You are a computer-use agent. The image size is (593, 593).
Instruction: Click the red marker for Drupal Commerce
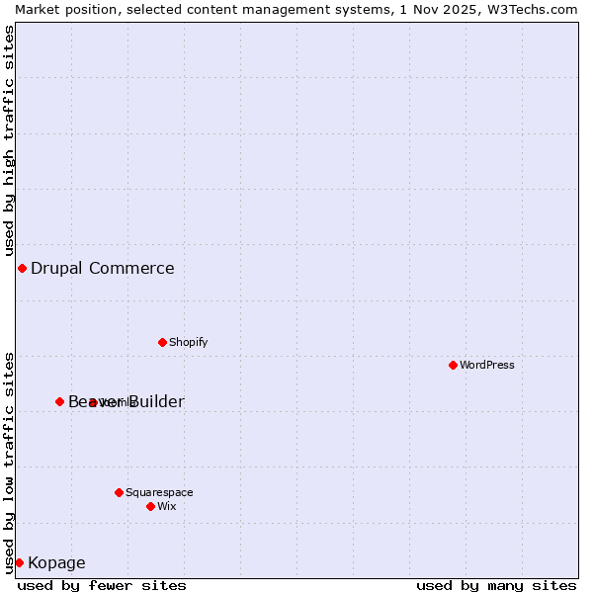pos(22,269)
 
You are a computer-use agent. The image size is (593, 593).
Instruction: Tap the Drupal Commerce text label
pos(102,269)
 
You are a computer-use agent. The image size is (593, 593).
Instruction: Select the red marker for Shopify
pos(162,343)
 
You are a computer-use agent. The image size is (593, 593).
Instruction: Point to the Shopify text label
pos(188,343)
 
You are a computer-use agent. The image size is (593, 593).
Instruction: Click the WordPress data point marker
pos(453,366)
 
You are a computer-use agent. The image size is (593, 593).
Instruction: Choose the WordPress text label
pos(487,366)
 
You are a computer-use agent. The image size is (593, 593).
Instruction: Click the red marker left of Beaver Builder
pos(59,401)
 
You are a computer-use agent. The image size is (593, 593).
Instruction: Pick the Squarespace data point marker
pos(119,492)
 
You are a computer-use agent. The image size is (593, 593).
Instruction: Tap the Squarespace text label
pos(159,492)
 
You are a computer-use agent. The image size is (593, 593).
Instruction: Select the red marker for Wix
pos(150,506)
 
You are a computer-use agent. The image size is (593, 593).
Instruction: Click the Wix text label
pos(167,506)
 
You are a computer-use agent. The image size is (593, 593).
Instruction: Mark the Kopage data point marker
pos(19,562)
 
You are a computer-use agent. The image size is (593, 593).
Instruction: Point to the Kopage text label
pos(56,563)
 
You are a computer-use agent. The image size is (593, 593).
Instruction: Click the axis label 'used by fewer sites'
pos(102,585)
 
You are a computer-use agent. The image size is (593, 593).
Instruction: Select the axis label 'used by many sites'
pos(496,585)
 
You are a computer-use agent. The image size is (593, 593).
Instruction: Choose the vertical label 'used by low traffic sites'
pos(9,462)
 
